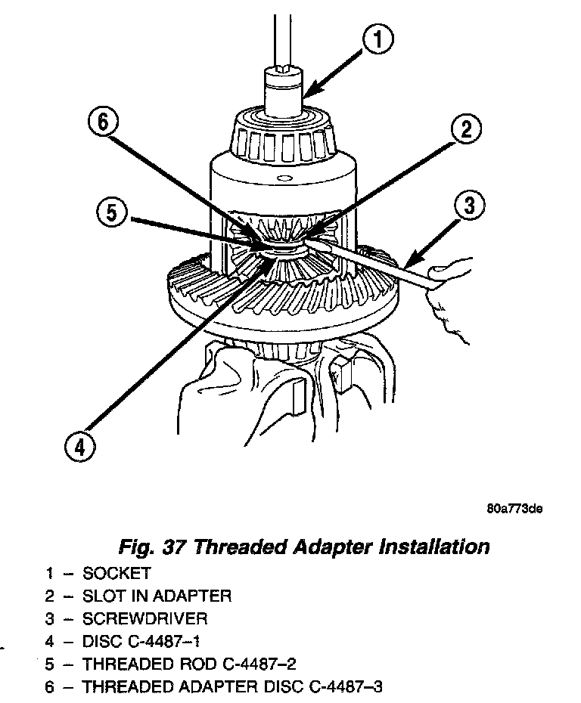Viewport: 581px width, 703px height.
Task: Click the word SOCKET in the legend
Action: point(117,572)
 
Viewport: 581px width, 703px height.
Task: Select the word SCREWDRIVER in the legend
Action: point(144,619)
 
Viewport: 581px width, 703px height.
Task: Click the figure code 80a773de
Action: point(514,509)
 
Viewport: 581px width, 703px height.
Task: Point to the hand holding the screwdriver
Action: point(447,287)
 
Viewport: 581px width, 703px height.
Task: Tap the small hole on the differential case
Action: point(281,179)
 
